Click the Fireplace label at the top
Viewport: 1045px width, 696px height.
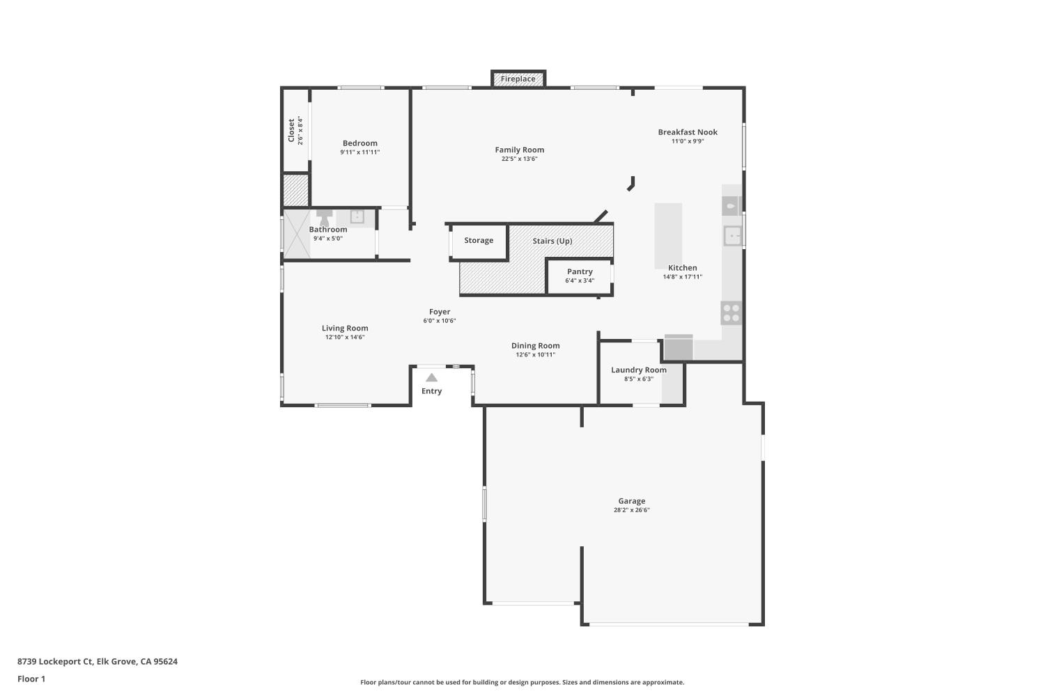(x=518, y=79)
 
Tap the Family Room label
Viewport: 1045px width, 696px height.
(x=519, y=150)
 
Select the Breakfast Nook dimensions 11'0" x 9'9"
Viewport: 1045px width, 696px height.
(x=688, y=141)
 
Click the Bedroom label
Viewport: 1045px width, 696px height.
(x=359, y=143)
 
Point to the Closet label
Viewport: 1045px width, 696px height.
(x=291, y=130)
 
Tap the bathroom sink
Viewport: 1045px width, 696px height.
(x=357, y=216)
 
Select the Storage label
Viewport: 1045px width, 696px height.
(x=479, y=240)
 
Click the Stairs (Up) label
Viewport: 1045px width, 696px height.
(x=552, y=241)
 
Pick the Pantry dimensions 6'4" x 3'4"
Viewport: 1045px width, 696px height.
(x=580, y=280)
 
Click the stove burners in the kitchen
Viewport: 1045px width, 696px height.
(x=731, y=313)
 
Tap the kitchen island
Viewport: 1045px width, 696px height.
(x=667, y=235)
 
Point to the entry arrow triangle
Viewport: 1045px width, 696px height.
(x=431, y=378)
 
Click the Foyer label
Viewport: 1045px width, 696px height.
(x=439, y=312)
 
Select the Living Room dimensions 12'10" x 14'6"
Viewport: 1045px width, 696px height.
(x=345, y=338)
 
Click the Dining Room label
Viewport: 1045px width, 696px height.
(x=535, y=345)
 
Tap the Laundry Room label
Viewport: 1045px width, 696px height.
(x=638, y=370)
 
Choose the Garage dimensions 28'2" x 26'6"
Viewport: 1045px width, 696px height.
(x=631, y=510)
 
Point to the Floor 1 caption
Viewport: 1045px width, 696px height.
(x=31, y=679)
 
